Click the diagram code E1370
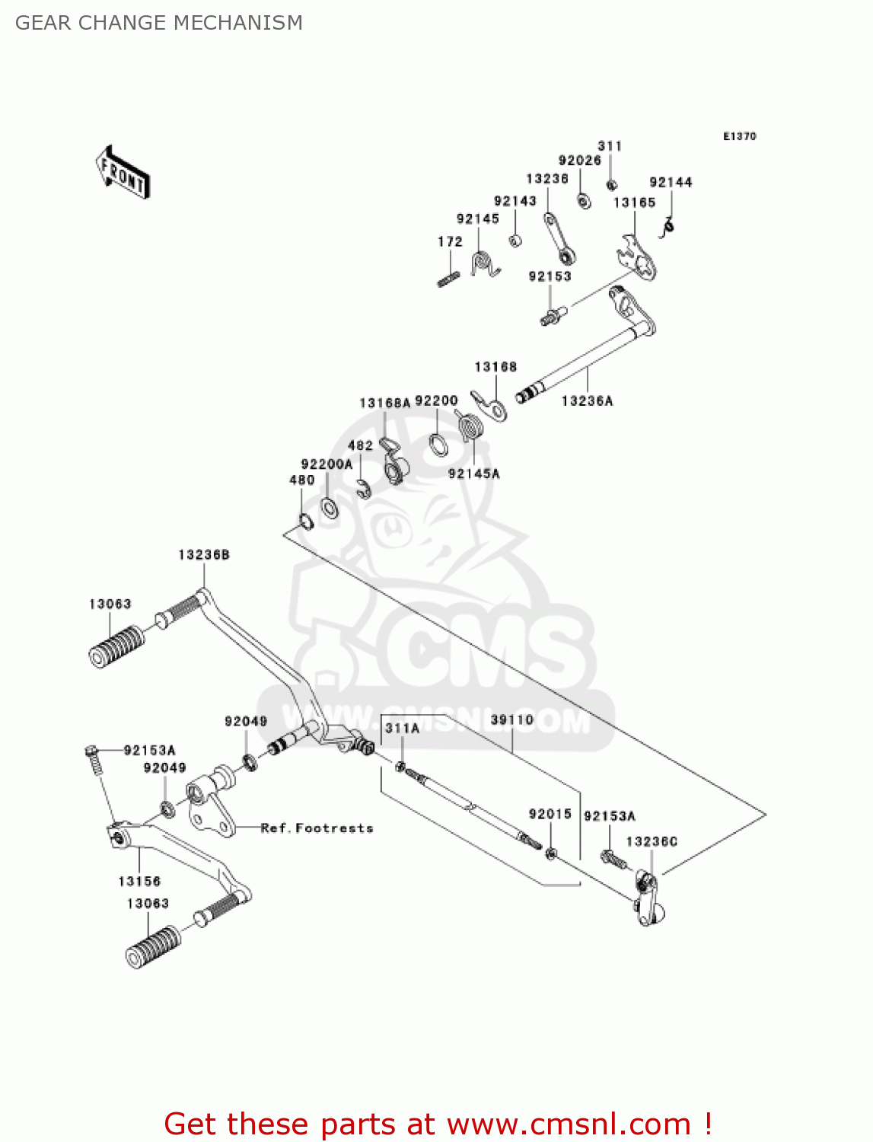tap(739, 136)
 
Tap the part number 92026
tap(580, 161)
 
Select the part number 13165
tap(635, 203)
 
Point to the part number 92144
tap(671, 183)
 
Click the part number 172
tap(450, 242)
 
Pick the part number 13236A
tap(587, 401)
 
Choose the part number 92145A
tap(474, 474)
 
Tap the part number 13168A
tap(384, 403)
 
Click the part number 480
tap(301, 480)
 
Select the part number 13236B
tap(204, 555)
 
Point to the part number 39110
tap(512, 720)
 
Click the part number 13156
tap(139, 882)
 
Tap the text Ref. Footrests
tap(317, 828)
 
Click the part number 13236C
tap(652, 842)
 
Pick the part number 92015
tap(550, 815)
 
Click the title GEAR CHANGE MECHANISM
tap(159, 23)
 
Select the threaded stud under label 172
tap(448, 279)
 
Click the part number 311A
tap(402, 729)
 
